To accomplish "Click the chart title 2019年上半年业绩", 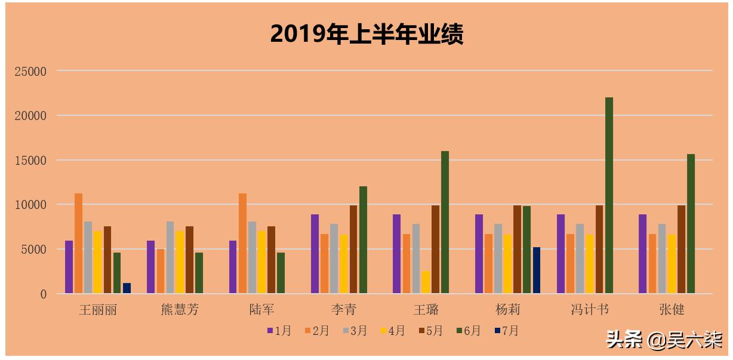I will (x=366, y=34).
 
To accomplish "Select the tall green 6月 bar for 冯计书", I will (x=609, y=195).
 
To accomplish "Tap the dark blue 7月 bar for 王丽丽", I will (x=127, y=288).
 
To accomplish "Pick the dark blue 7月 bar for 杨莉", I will (x=537, y=270).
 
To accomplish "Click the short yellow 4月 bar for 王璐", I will (x=426, y=282).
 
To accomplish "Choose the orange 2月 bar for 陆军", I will (x=242, y=244).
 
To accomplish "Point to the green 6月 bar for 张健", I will (x=691, y=224).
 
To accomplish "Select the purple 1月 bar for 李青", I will (x=315, y=254).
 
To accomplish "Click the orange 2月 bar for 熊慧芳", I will (x=161, y=271).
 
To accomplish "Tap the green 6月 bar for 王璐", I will (x=445, y=222).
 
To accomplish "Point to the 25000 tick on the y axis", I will (x=30, y=71).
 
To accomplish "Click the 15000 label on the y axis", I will (x=30, y=160).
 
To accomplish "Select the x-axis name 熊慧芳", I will (x=180, y=309).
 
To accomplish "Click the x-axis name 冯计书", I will (x=590, y=309).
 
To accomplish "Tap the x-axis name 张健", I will (x=672, y=309).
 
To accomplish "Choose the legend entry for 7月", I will (x=506, y=330).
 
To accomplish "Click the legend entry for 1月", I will (x=279, y=330).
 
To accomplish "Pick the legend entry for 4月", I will (x=392, y=330).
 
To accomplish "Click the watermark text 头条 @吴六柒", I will (x=664, y=340).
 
